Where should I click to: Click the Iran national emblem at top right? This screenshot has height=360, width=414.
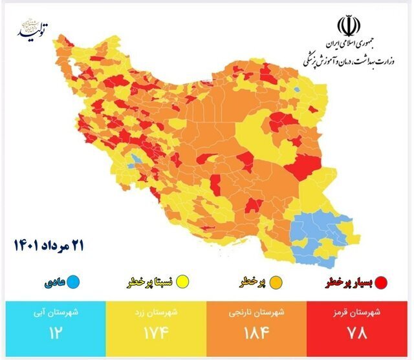pos(347,28)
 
